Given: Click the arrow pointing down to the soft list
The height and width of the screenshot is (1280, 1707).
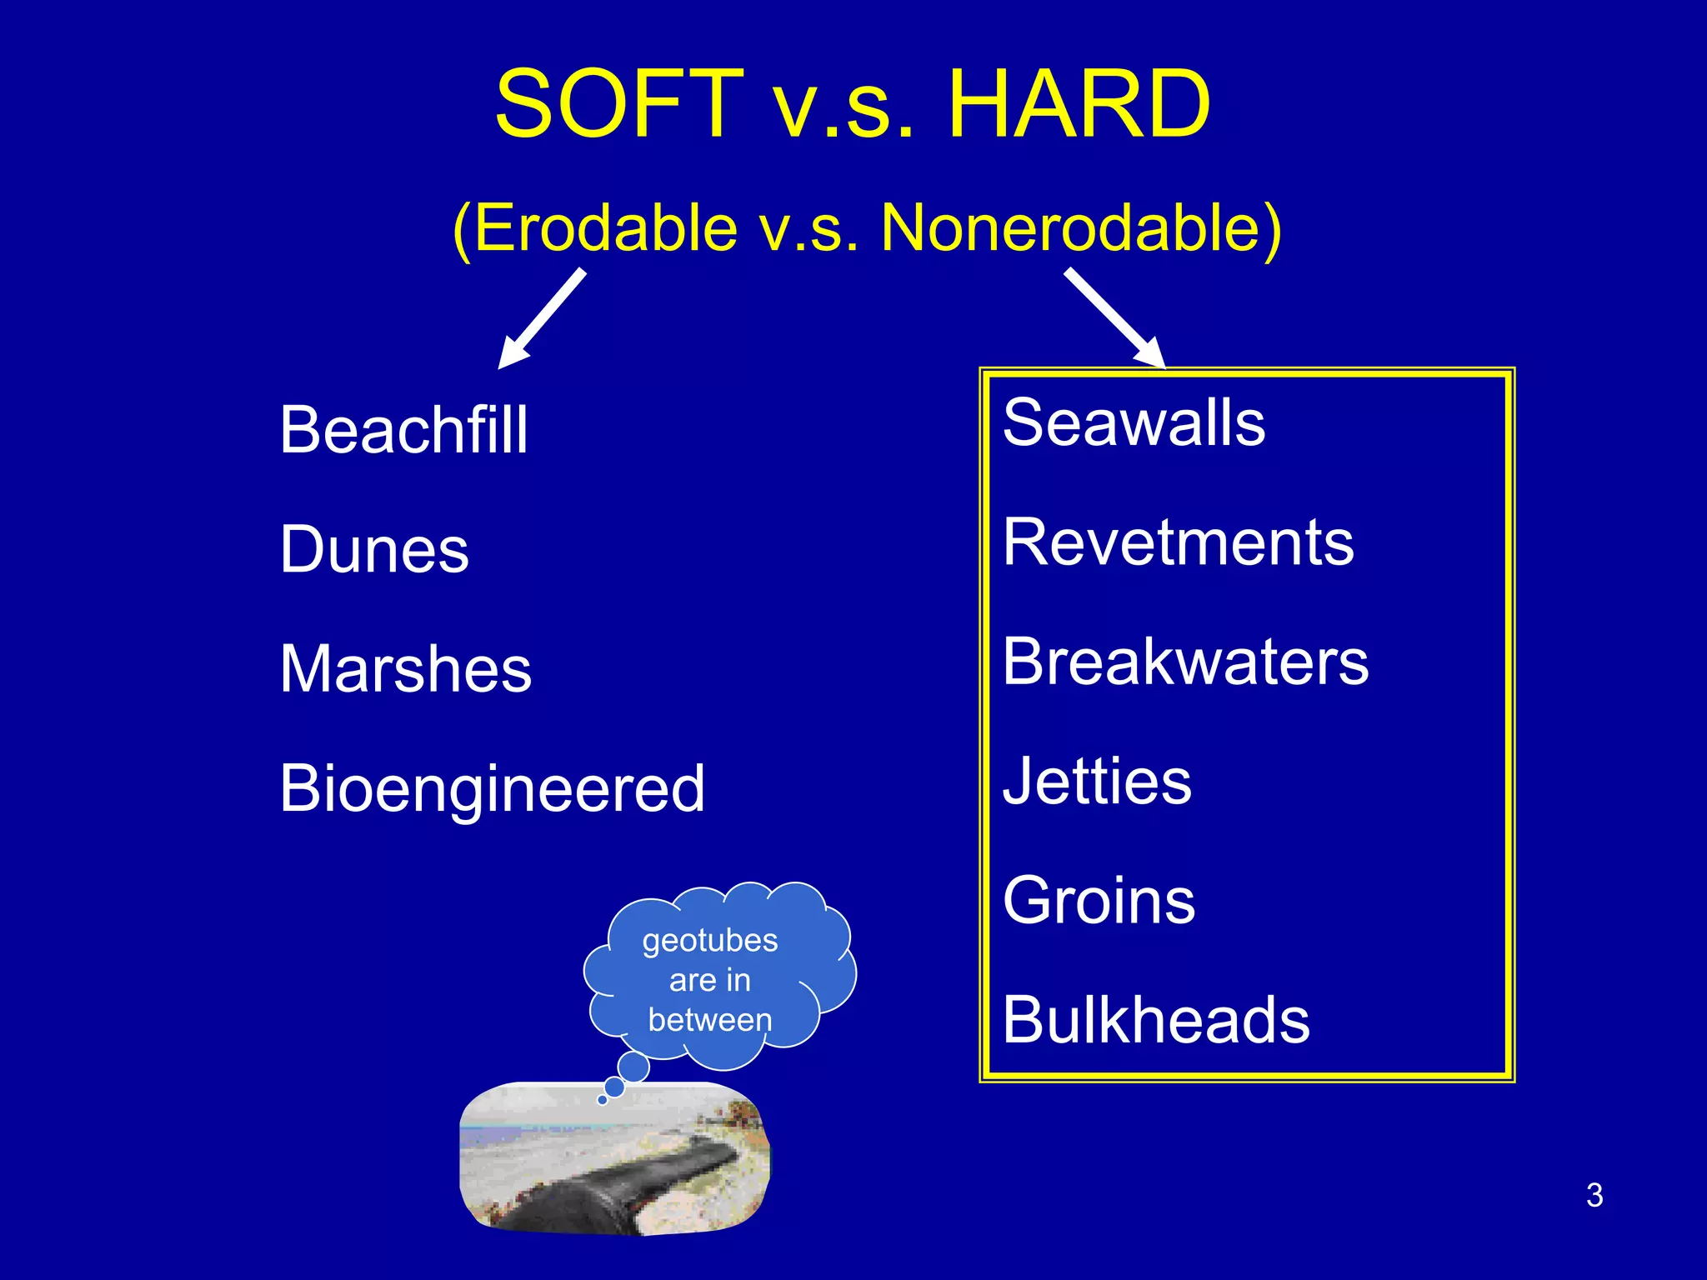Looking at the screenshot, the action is pos(542,318).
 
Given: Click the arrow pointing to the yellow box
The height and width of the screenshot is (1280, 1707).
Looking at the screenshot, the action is pos(1115,317).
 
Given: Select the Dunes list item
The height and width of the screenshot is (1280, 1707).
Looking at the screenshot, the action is pos(374,549).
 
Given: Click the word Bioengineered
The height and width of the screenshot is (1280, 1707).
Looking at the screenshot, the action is pos(493,789).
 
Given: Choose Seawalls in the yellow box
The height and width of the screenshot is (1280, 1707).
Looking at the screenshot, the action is pos(1134,422).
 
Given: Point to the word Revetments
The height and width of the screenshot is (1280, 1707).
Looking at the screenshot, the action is pos(1179,542).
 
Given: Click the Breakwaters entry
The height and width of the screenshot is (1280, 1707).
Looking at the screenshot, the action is pos(1185,661).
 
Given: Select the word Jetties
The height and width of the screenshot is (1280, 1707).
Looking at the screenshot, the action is pos(1097,781).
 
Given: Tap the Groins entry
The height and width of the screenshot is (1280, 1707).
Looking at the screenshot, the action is pos(1099,900).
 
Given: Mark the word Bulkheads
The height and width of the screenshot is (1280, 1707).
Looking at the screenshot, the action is pos(1156,1019).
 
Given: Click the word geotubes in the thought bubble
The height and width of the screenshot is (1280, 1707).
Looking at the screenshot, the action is pos(710,941).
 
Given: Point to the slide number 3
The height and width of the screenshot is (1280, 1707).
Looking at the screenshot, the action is pos(1594,1195).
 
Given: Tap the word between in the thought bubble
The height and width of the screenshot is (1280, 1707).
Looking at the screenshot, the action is pos(710,1019).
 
